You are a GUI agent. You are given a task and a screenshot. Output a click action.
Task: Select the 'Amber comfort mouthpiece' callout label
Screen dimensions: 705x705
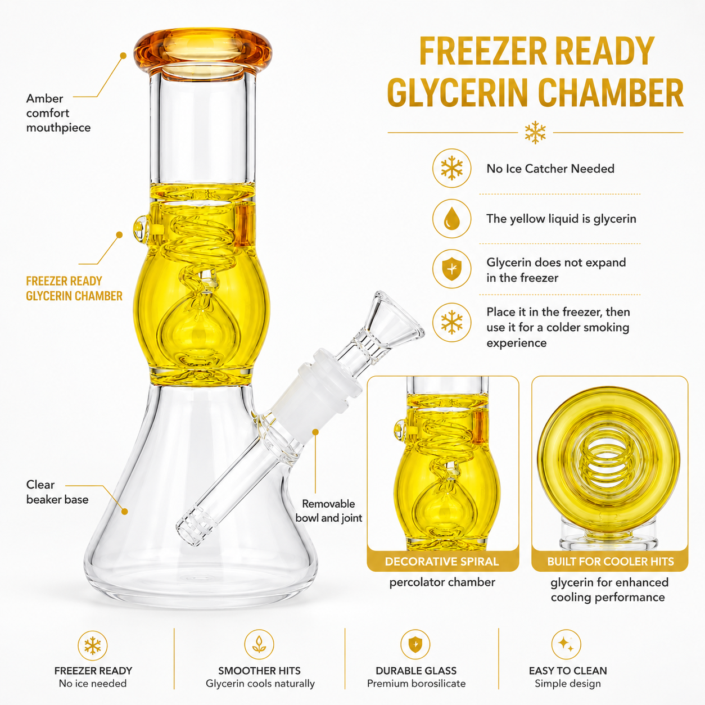pyautogui.click(x=58, y=113)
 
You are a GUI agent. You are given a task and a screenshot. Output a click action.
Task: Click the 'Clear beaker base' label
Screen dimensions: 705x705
pyautogui.click(x=57, y=492)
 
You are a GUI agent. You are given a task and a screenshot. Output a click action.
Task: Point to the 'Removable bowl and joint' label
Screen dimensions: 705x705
pyautogui.click(x=328, y=510)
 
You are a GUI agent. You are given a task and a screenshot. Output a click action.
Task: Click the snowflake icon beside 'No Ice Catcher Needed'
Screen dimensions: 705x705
pyautogui.click(x=452, y=168)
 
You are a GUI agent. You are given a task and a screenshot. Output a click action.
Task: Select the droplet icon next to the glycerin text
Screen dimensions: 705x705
pyautogui.click(x=452, y=218)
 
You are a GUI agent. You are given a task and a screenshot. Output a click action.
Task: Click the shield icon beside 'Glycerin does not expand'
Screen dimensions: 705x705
pyautogui.click(x=452, y=269)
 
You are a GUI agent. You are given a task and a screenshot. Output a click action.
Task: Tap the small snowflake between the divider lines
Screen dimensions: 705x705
pyautogui.click(x=535, y=133)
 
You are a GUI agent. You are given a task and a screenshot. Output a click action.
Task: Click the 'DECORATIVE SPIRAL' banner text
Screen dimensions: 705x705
pyautogui.click(x=442, y=562)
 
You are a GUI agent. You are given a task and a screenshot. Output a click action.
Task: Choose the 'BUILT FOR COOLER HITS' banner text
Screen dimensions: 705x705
pyautogui.click(x=610, y=562)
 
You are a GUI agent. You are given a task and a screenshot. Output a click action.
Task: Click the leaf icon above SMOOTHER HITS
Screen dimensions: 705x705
pyautogui.click(x=259, y=644)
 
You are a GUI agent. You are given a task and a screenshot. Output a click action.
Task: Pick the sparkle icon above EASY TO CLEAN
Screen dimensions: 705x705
pyautogui.click(x=566, y=644)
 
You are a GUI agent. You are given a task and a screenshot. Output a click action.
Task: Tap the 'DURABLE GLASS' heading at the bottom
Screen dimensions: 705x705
pyautogui.click(x=416, y=671)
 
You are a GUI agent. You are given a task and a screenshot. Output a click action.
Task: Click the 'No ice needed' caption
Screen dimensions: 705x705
pyautogui.click(x=93, y=684)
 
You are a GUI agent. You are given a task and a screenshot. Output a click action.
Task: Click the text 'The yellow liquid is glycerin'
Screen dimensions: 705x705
pyautogui.click(x=561, y=219)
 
